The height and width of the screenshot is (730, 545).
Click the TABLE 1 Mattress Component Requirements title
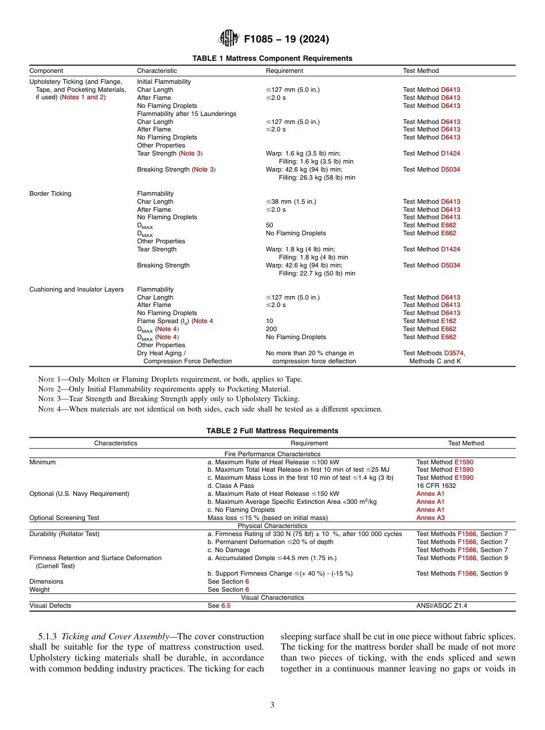(x=272, y=59)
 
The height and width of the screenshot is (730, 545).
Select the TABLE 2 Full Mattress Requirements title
(x=272, y=431)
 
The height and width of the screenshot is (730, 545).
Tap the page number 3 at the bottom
(x=272, y=705)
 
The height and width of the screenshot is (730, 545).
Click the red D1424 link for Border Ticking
(x=450, y=250)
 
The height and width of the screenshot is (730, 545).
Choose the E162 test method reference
(x=449, y=321)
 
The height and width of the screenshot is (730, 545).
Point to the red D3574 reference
(x=454, y=354)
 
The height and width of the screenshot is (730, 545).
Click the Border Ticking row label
(x=50, y=194)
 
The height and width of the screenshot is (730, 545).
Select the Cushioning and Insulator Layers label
(x=76, y=290)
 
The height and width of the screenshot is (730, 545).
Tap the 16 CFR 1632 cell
(x=437, y=486)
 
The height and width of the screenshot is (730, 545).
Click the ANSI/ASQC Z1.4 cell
(x=442, y=605)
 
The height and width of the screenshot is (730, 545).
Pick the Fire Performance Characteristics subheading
(x=272, y=454)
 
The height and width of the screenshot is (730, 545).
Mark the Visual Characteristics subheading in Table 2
(x=272, y=597)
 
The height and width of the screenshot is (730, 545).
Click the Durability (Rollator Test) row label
(x=64, y=534)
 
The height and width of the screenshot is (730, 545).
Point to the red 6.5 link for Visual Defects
(x=225, y=605)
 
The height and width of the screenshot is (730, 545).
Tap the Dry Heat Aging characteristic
(x=161, y=354)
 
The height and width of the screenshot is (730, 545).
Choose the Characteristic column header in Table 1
(x=157, y=71)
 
